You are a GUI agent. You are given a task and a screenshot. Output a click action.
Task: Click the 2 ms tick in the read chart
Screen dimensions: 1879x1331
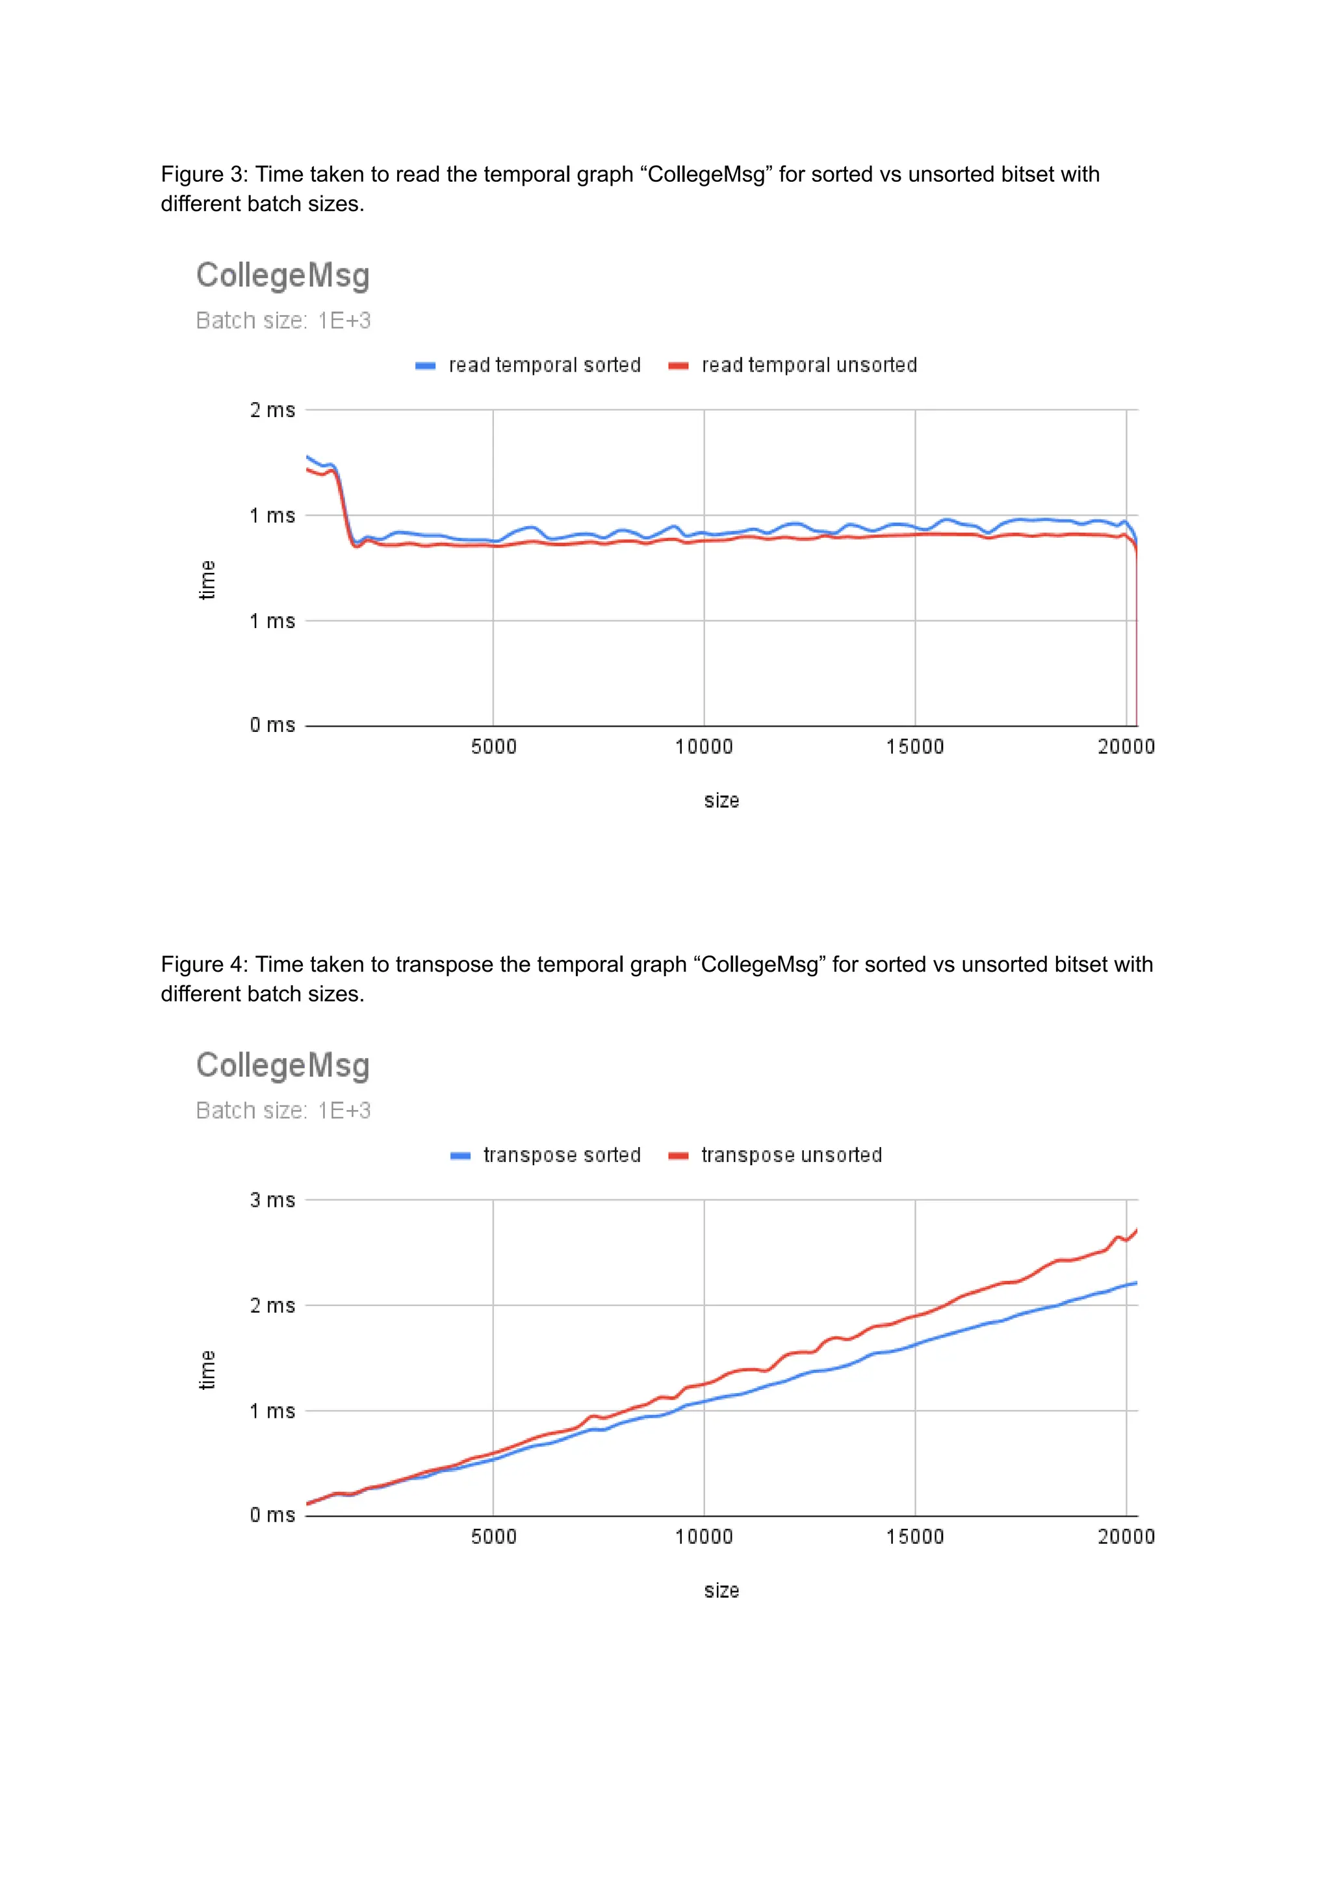[x=272, y=410]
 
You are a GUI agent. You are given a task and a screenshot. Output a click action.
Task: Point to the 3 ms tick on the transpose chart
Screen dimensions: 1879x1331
[x=272, y=1200]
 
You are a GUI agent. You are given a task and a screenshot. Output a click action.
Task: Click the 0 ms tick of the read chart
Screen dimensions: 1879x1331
[x=272, y=725]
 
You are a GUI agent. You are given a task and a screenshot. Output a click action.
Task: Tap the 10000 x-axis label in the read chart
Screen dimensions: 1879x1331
[x=704, y=747]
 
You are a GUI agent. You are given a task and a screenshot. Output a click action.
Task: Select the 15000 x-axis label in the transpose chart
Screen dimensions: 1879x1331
[x=914, y=1537]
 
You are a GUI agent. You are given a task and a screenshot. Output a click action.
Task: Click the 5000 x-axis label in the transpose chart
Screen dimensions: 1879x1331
[x=493, y=1537]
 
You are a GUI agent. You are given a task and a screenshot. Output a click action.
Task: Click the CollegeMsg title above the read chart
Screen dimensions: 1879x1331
[x=283, y=275]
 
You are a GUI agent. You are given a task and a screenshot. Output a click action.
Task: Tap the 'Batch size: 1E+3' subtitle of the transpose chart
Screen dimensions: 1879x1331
[x=283, y=1111]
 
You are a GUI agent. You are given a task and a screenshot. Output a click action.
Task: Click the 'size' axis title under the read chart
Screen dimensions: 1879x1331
[x=721, y=801]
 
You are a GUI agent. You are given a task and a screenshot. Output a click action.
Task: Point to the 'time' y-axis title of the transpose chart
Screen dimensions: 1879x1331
[x=207, y=1370]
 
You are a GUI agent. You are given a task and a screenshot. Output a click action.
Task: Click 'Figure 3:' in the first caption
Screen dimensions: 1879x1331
[x=204, y=175]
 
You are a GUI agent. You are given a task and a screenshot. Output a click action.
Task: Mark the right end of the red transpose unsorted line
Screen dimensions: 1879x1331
[x=1136, y=1230]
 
